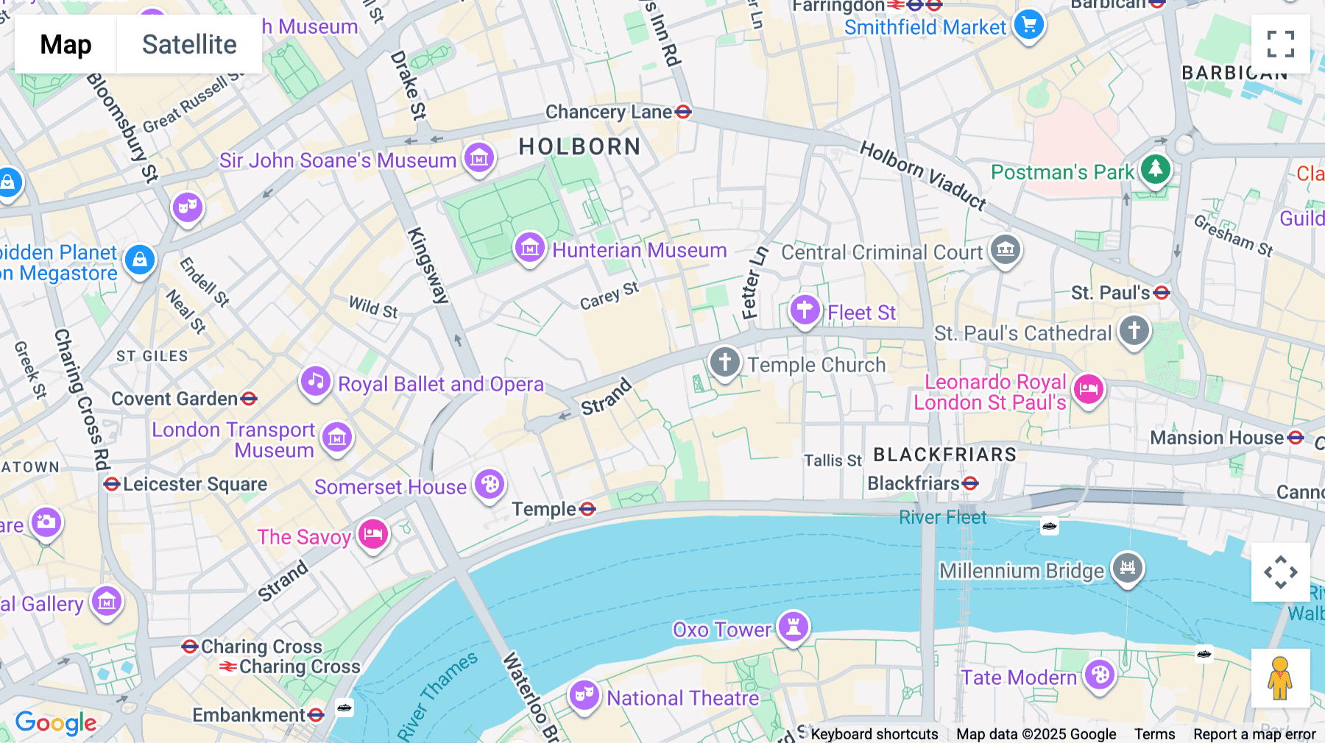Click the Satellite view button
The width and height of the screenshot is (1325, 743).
pyautogui.click(x=189, y=44)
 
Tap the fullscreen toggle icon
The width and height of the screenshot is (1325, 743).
pyautogui.click(x=1280, y=44)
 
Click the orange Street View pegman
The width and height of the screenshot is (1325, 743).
pyautogui.click(x=1280, y=678)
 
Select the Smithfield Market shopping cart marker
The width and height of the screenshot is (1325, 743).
pyautogui.click(x=1028, y=25)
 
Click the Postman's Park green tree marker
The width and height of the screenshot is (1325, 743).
pyautogui.click(x=1155, y=169)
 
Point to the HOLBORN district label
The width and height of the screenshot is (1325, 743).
pyautogui.click(x=579, y=146)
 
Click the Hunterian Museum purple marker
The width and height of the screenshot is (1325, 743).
pyautogui.click(x=529, y=248)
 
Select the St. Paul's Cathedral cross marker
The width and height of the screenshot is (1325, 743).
pyautogui.click(x=1134, y=330)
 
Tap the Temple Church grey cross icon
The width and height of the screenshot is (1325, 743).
pyautogui.click(x=724, y=362)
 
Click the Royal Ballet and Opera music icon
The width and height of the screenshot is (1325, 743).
pyautogui.click(x=316, y=381)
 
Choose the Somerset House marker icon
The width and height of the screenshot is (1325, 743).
pyautogui.click(x=490, y=484)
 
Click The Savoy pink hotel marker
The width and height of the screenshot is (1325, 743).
pyautogui.click(x=373, y=534)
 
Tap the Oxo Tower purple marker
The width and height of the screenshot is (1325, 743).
pyautogui.click(x=794, y=627)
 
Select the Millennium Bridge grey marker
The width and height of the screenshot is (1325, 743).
pyautogui.click(x=1127, y=568)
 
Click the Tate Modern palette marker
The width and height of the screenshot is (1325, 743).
pyautogui.click(x=1100, y=675)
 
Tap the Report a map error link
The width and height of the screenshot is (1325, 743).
pyautogui.click(x=1254, y=734)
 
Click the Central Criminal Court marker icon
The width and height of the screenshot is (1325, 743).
pyautogui.click(x=1006, y=250)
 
